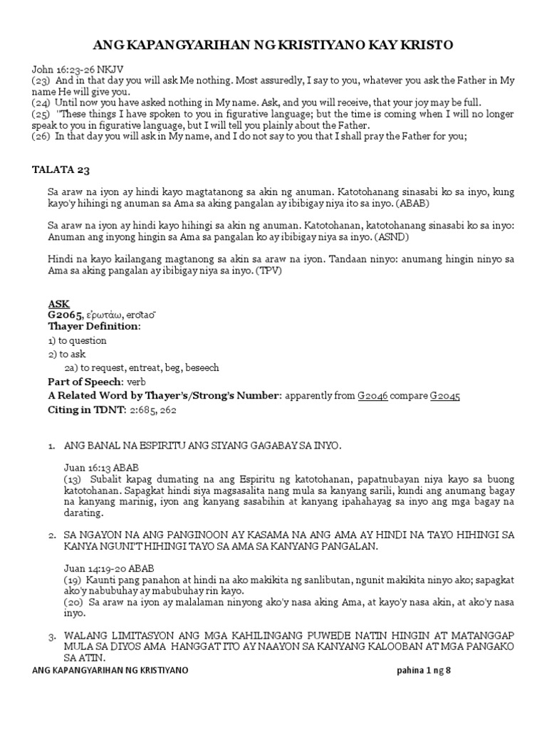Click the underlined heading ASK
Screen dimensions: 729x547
(58, 304)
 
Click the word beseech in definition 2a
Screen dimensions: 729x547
(202, 367)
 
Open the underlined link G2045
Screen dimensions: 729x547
(444, 395)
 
